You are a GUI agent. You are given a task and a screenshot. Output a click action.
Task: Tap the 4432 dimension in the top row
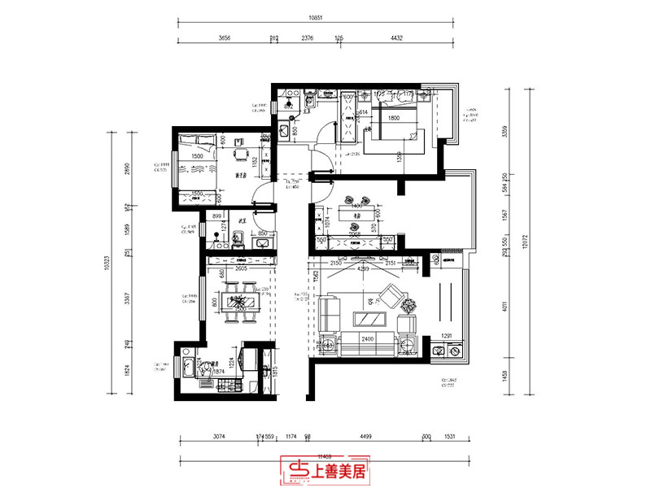[397, 37]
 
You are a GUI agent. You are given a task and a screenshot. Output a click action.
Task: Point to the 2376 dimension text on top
[307, 37]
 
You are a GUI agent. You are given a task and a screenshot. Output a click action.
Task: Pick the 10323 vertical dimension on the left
[107, 264]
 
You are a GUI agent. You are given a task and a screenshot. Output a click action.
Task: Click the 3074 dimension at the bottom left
[219, 438]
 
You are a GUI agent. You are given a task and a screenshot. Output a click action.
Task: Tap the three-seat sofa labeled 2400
[367, 344]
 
